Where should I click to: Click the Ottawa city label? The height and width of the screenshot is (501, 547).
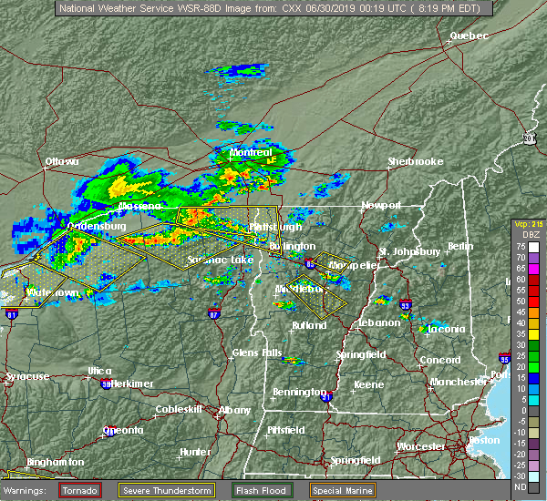point(62,162)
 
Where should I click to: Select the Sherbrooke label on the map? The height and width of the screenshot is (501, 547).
point(415,161)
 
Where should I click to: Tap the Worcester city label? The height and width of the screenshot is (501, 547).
point(420,446)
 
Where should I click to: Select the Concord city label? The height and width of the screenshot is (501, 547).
point(439,360)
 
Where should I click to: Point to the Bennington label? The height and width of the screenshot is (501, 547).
point(298,393)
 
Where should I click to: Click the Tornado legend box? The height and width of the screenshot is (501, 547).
point(80,490)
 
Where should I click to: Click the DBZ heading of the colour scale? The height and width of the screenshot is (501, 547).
point(522,234)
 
